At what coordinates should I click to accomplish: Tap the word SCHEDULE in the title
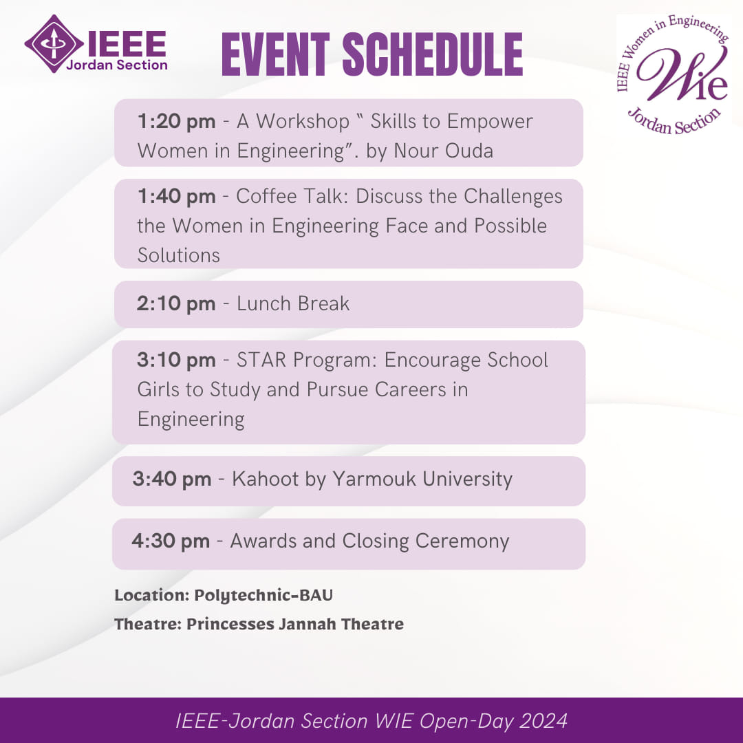432,54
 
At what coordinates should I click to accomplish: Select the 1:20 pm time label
176,122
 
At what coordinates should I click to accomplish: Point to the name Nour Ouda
444,151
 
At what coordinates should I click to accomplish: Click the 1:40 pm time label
176,197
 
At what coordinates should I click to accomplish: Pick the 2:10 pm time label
176,304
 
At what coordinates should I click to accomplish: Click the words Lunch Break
293,304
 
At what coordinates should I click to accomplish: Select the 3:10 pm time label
176,360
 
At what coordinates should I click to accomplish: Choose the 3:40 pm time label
172,480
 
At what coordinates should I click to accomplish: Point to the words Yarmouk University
422,480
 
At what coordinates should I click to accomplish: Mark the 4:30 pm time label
171,541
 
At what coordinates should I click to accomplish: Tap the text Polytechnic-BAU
263,595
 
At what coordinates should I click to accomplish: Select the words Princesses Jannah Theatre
295,625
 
